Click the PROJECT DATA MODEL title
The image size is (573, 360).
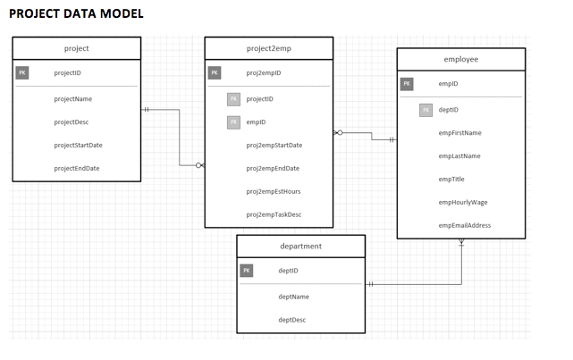click(x=76, y=13)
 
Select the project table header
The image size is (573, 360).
click(x=77, y=48)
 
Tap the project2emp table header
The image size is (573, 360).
click(x=268, y=48)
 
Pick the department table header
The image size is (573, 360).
click(x=300, y=246)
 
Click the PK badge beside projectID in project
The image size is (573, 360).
click(x=22, y=73)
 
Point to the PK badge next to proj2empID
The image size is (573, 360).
click(x=215, y=73)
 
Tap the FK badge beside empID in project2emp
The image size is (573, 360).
click(x=234, y=121)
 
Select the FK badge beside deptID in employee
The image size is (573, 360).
click(x=426, y=110)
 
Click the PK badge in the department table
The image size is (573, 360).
click(x=247, y=270)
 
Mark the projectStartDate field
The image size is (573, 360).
click(x=78, y=145)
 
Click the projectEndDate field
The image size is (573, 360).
click(x=77, y=168)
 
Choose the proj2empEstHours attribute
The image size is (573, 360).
click(x=274, y=191)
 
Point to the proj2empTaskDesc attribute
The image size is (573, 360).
click(x=274, y=214)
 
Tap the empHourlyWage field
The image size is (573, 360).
click(x=463, y=202)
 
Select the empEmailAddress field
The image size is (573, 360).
click(x=465, y=225)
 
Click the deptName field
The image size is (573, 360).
click(x=293, y=297)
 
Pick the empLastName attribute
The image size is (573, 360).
click(x=459, y=156)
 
